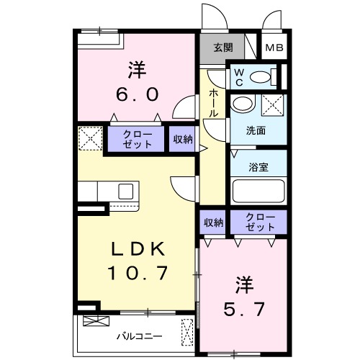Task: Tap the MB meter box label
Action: (274, 48)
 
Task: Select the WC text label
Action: (240, 76)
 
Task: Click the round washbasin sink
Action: (243, 104)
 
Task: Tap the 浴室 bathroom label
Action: (259, 167)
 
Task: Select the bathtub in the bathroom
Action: (259, 192)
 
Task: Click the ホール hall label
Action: (214, 103)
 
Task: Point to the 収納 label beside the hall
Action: (182, 140)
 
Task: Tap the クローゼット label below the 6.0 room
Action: (137, 139)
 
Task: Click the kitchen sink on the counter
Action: (125, 192)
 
